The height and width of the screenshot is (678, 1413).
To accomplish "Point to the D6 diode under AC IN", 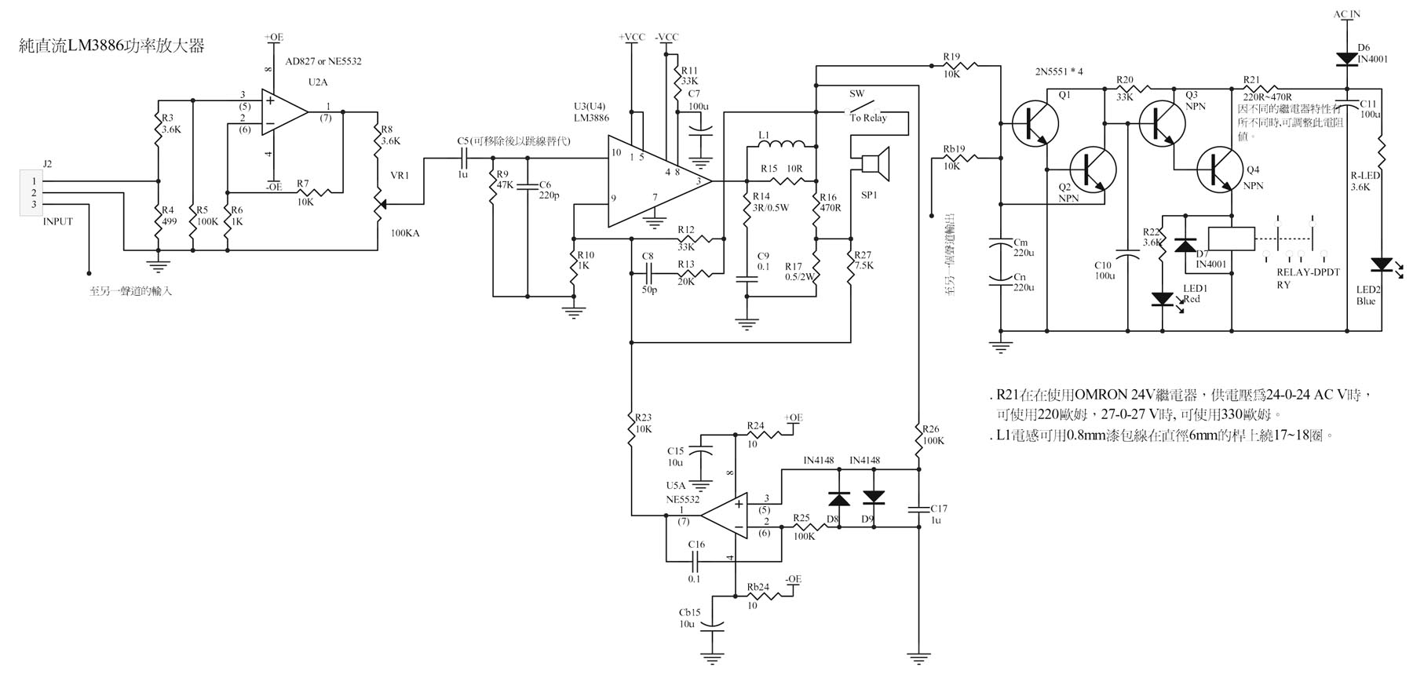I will coord(1345,58).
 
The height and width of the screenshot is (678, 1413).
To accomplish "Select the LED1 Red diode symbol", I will coord(1162,299).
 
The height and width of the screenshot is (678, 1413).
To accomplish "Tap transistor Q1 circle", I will coord(1035,123).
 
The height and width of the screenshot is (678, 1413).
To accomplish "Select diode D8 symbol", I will coord(839,498).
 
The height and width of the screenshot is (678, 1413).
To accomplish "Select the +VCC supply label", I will coord(632,37).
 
